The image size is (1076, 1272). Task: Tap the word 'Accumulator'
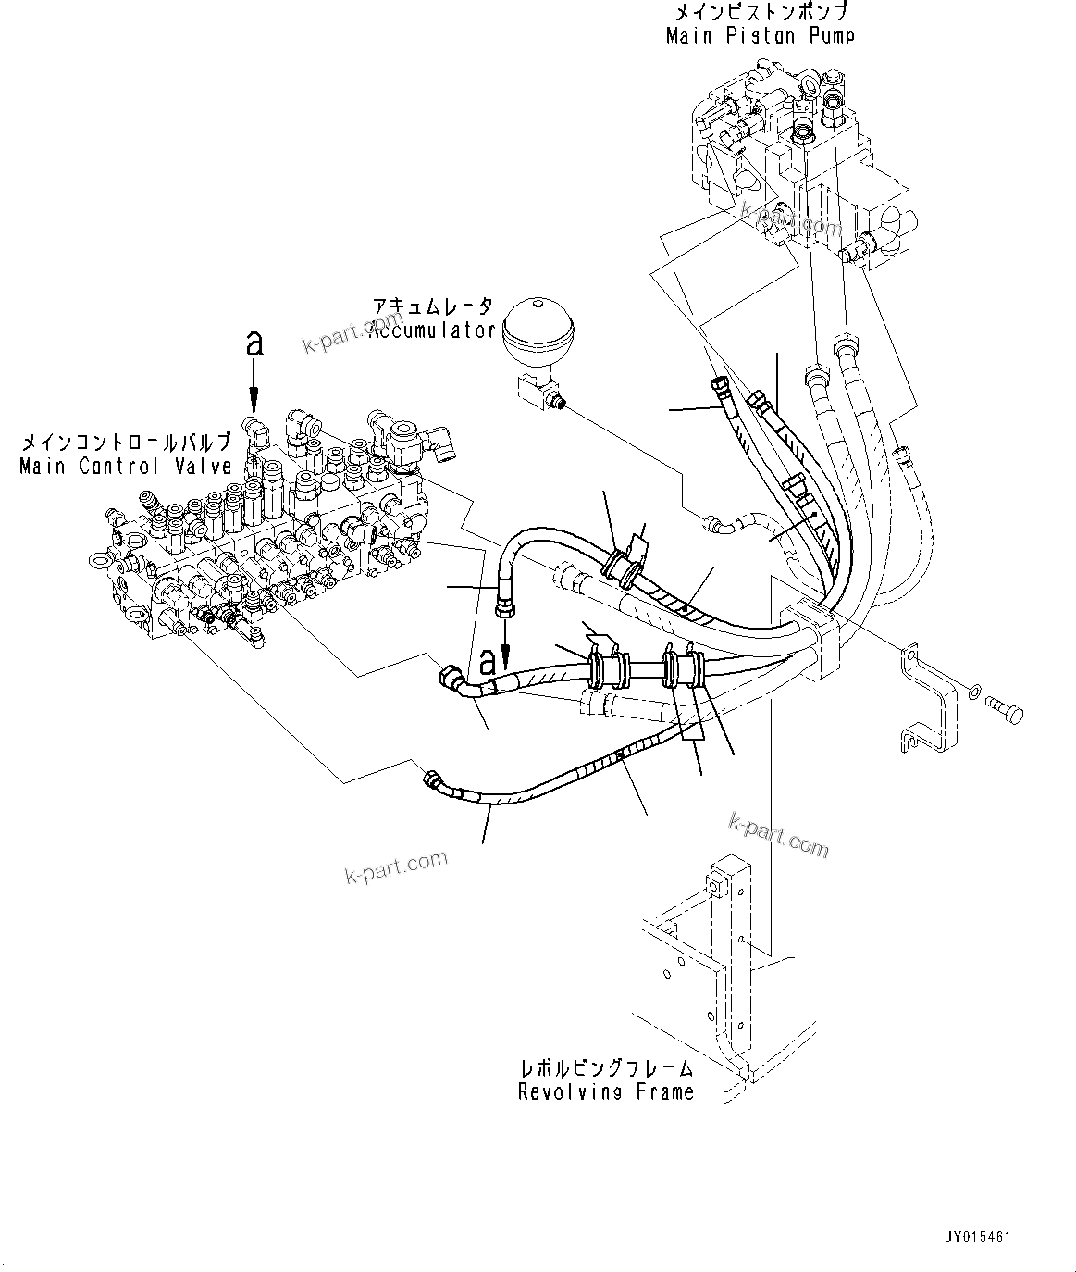click(x=433, y=330)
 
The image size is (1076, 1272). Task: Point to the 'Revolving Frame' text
click(x=606, y=1092)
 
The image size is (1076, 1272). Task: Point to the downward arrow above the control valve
click(x=255, y=389)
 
